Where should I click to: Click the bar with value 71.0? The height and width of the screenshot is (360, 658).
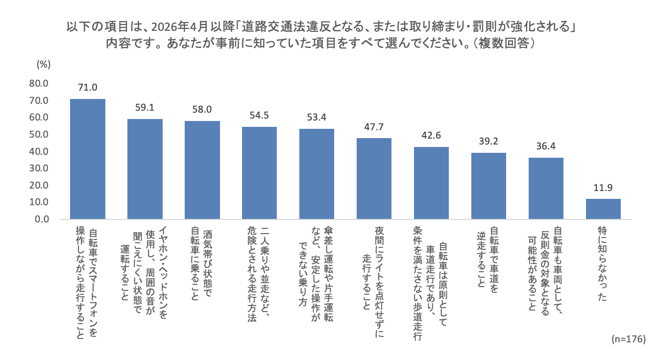(88, 159)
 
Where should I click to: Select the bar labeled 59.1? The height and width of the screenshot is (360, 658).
(145, 169)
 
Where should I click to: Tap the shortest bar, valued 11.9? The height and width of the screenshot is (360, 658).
(603, 209)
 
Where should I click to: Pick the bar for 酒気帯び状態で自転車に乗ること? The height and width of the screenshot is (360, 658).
(202, 170)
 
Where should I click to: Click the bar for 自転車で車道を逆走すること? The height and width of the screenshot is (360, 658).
(488, 186)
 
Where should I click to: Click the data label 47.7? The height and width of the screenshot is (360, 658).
(374, 127)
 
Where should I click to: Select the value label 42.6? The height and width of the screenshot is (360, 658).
(431, 136)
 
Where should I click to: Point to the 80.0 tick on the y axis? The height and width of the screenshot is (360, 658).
(39, 84)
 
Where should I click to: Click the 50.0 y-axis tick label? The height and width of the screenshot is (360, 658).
(39, 135)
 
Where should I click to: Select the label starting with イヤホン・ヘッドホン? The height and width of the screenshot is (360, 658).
(145, 274)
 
